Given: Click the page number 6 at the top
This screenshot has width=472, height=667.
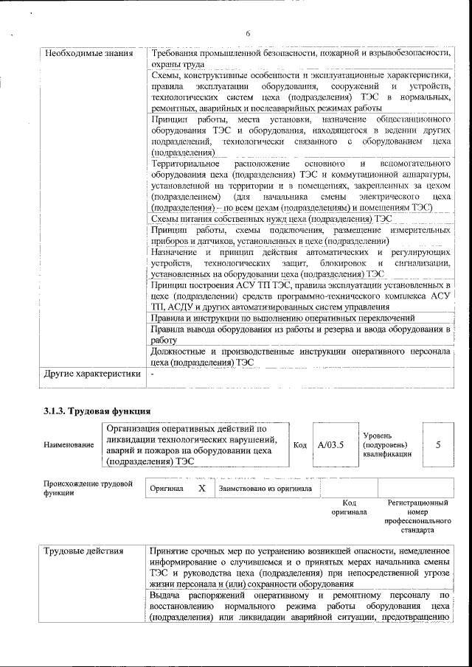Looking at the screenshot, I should [248, 33].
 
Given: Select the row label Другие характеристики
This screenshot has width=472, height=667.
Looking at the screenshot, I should [91, 374].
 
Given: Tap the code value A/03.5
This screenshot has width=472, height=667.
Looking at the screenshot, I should [330, 445].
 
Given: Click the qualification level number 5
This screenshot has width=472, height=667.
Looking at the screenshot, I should [438, 445].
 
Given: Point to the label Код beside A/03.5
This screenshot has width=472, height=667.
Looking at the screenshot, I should [300, 445].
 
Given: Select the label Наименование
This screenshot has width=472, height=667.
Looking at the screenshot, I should [69, 445].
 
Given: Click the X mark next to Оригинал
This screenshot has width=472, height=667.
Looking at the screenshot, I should [201, 488].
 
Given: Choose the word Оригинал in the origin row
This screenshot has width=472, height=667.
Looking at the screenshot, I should [167, 488].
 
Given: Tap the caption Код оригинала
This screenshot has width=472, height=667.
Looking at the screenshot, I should [349, 506].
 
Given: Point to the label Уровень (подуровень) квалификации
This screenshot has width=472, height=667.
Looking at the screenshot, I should [384, 445].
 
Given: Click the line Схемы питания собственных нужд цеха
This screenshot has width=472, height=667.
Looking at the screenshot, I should [271, 219].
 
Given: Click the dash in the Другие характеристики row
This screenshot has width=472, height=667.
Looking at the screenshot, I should [152, 374].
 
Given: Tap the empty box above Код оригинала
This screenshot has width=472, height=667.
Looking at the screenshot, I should [349, 488].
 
